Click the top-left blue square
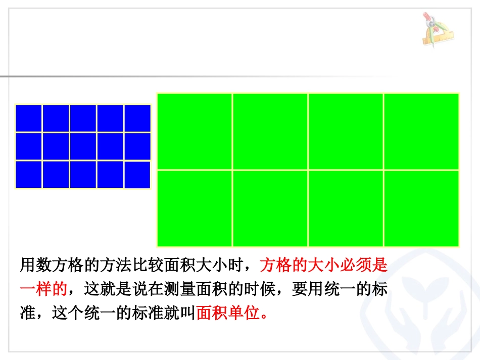pos(29,118)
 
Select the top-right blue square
pos(137,118)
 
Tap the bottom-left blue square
pos(29,174)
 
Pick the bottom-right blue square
pos(137,175)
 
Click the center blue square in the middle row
pos(83,146)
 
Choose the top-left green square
pos(195,131)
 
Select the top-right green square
pos(421,131)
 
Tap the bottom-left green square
pos(195,208)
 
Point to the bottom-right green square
pos(421,208)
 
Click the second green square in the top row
pos(270,131)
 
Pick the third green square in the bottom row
pos(346,208)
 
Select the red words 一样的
pos(43,289)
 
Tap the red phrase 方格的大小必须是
pos(323,265)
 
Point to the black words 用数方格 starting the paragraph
pos(52,265)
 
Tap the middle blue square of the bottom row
pos(83,174)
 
